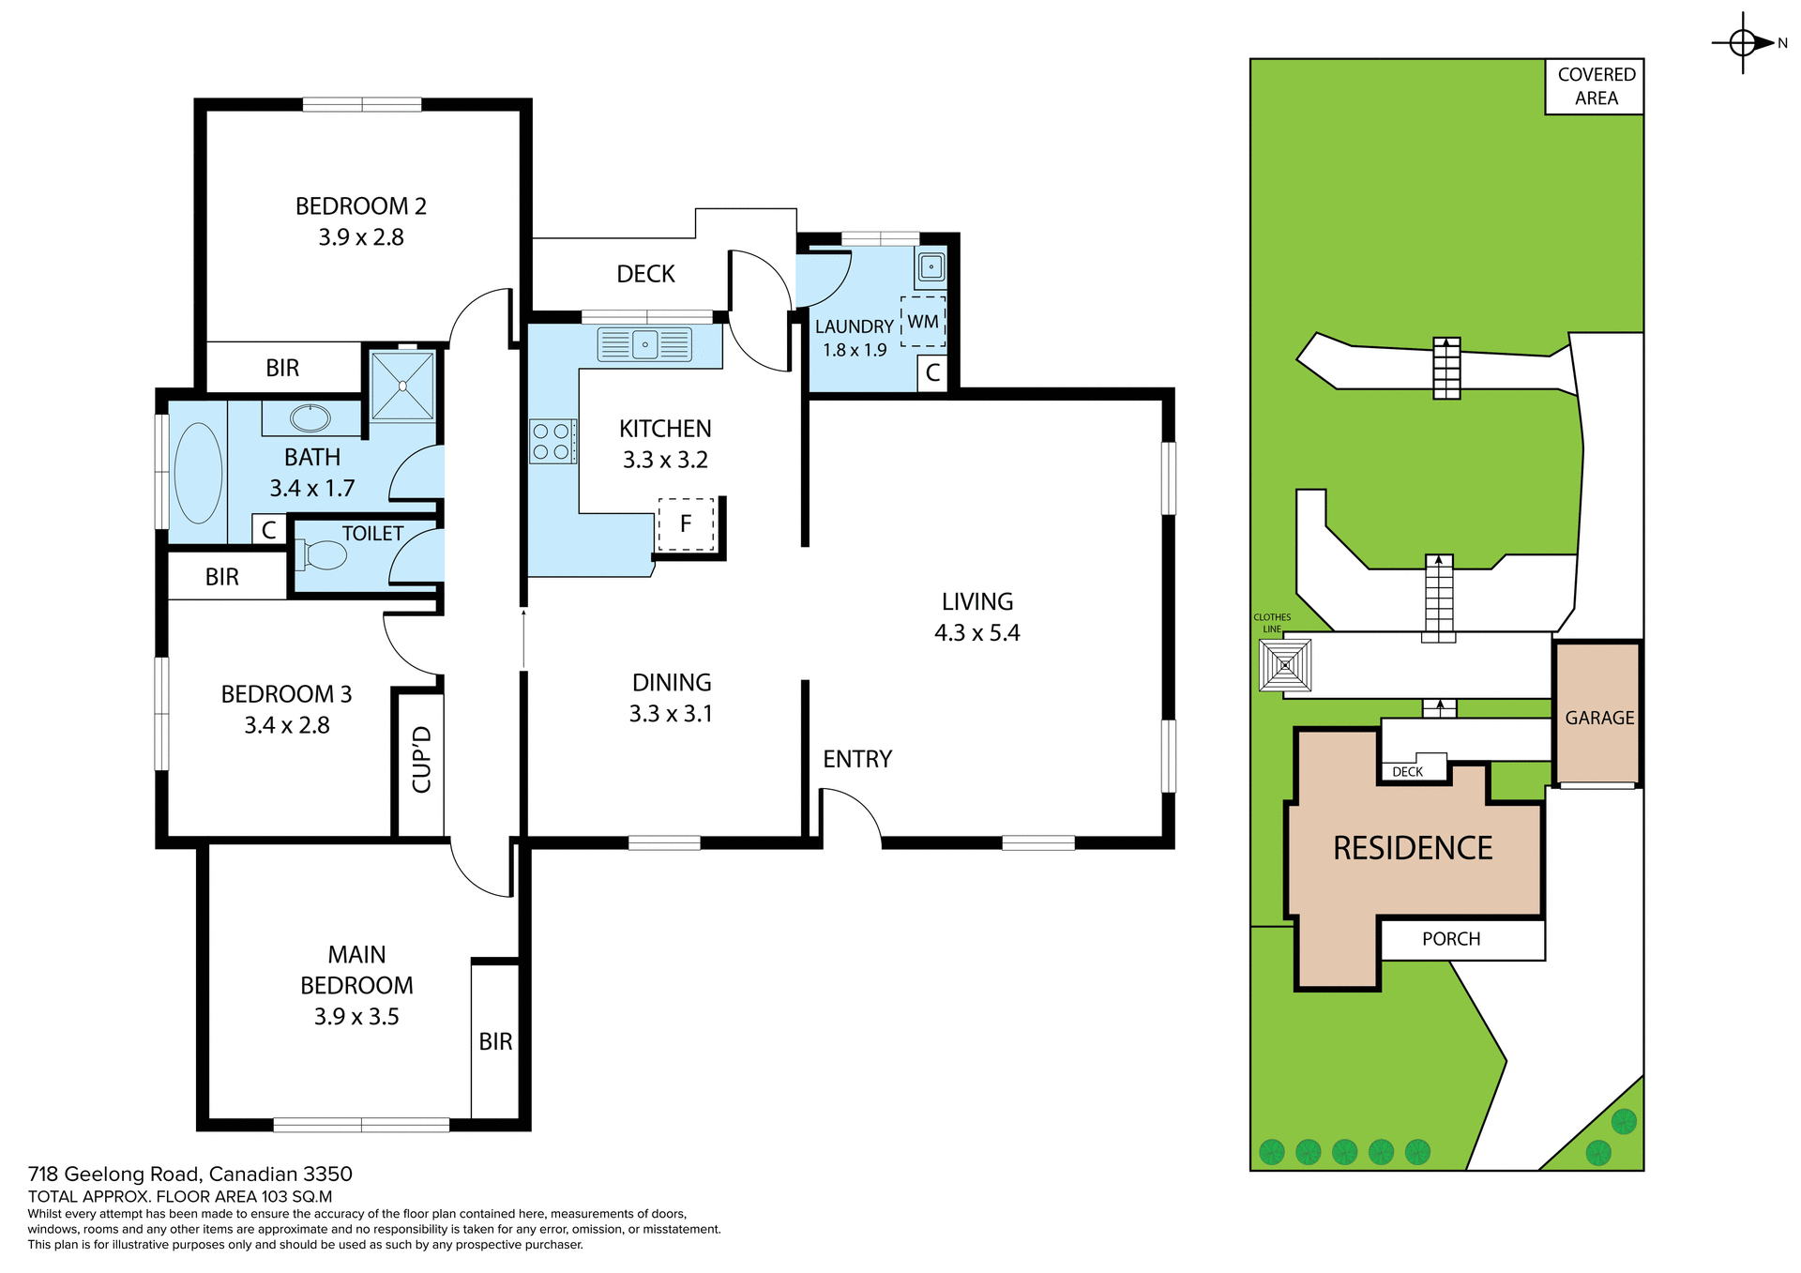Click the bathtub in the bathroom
click(x=198, y=474)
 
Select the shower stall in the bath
click(x=402, y=386)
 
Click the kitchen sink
click(x=645, y=345)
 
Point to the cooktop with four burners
click(x=552, y=442)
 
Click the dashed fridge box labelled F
click(x=686, y=524)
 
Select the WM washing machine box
click(x=923, y=322)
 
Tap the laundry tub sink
click(x=931, y=267)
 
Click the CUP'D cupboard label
click(x=421, y=760)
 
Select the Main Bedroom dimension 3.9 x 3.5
click(x=356, y=1017)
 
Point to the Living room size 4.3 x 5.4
click(x=976, y=633)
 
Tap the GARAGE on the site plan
click(x=1599, y=718)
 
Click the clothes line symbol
click(x=1285, y=665)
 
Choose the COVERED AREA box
click(x=1596, y=86)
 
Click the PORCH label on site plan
click(x=1451, y=939)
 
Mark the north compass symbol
click(x=1743, y=43)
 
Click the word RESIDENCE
click(x=1413, y=848)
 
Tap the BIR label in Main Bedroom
click(x=495, y=1041)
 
